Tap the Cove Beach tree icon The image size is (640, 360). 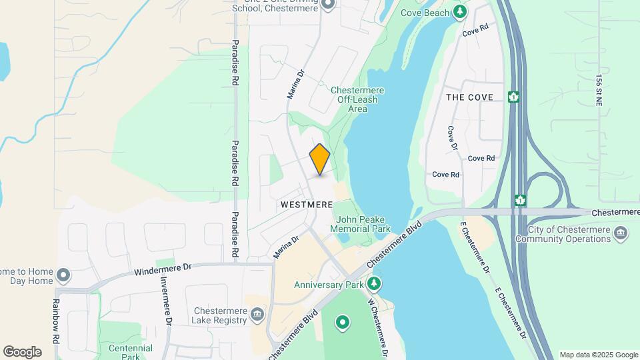coord(459,12)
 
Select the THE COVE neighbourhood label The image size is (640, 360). coord(469,97)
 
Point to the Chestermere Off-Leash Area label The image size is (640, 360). coord(357,99)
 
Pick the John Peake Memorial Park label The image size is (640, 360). coord(363,224)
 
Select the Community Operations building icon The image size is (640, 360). coord(621,233)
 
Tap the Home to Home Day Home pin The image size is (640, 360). coord(63,275)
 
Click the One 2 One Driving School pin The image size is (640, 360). coord(327,5)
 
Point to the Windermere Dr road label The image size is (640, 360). coord(162,269)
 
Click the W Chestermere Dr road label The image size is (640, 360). coord(379,327)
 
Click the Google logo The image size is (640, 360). coord(22,351)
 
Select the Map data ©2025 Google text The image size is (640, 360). coord(598,355)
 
